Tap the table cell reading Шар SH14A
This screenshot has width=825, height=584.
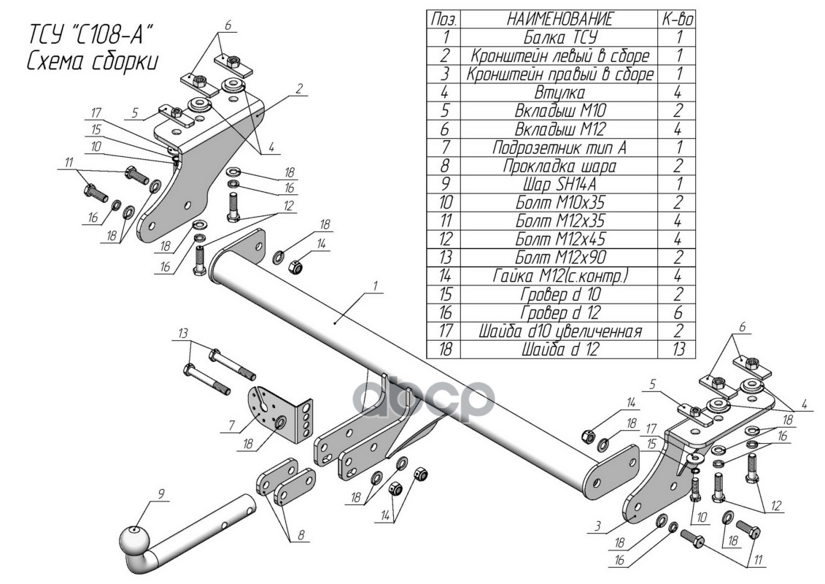click(559, 184)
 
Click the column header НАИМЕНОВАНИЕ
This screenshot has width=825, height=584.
click(559, 20)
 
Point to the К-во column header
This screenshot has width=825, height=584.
click(678, 20)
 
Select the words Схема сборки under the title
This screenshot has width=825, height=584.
click(93, 62)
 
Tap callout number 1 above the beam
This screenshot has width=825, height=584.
click(375, 286)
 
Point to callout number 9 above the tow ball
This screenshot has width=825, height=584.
click(160, 494)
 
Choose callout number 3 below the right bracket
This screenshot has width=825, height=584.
click(598, 525)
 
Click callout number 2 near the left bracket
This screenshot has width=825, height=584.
click(299, 88)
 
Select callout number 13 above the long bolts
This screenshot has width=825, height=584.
click(182, 334)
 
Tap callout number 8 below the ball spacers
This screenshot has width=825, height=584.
click(301, 535)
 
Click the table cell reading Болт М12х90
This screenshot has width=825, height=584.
click(560, 258)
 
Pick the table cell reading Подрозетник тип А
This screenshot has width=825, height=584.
click(559, 148)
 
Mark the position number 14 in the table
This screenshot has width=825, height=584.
click(445, 276)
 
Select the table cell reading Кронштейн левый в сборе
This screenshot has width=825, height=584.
click(559, 56)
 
